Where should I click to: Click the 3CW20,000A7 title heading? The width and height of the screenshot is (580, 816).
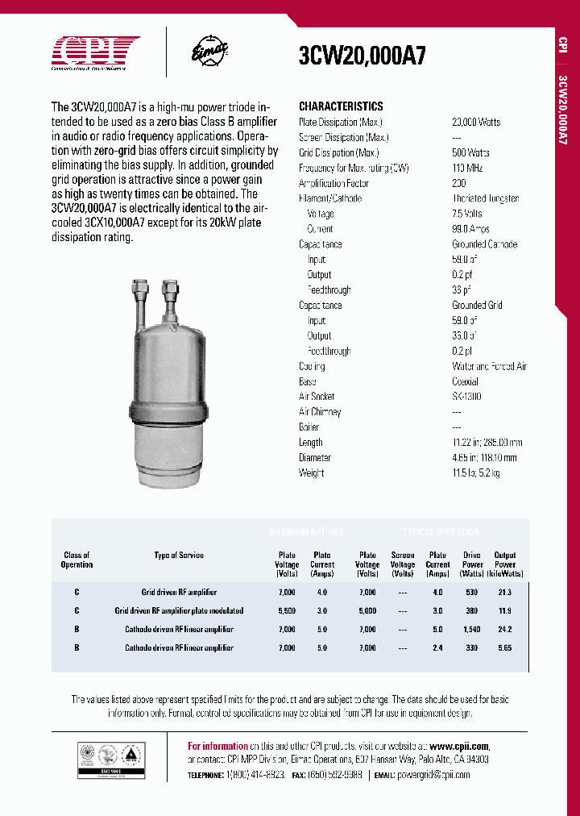tap(362, 56)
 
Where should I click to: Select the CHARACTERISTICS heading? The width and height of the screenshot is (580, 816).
tap(341, 106)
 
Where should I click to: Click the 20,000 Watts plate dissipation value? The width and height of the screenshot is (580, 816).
tap(476, 122)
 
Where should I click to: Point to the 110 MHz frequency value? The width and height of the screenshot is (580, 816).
tap(466, 168)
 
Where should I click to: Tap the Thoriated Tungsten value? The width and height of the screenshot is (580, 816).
tap(485, 198)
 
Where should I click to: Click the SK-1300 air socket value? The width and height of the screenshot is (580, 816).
tap(466, 397)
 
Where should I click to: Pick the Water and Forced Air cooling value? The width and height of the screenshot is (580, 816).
tap(489, 366)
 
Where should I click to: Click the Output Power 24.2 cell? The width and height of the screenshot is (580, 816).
tap(504, 629)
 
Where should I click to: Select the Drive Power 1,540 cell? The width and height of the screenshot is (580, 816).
tap(472, 629)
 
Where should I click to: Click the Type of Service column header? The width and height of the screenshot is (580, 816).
tap(179, 555)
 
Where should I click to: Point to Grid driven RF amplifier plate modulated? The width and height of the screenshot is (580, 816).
tap(179, 610)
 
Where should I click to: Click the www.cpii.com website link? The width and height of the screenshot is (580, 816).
tap(458, 746)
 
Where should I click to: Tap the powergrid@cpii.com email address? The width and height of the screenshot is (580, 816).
tap(433, 775)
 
